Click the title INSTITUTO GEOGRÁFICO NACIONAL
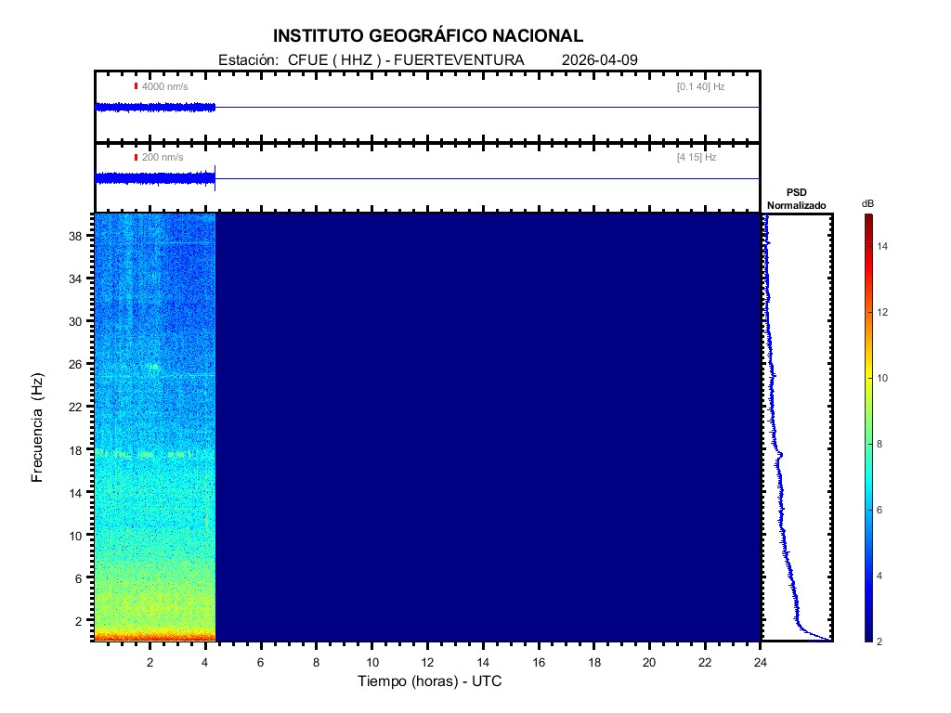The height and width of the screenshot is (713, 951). [x=428, y=36]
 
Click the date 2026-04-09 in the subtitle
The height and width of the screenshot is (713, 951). [x=600, y=60]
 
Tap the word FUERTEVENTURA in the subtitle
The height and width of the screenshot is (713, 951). [x=473, y=60]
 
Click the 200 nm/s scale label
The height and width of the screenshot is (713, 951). [x=163, y=158]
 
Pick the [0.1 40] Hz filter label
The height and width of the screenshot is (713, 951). [x=700, y=86]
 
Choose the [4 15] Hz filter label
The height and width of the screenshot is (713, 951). [x=697, y=158]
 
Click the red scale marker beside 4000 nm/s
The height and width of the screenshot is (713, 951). [x=136, y=86]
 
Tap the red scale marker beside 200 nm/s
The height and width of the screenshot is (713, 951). [x=136, y=158]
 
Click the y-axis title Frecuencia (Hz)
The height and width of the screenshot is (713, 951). [x=38, y=428]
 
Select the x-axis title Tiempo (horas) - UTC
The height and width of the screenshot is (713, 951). [x=430, y=681]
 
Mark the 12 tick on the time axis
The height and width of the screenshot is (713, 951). [x=427, y=662]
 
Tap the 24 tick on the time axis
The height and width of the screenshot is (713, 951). [x=761, y=662]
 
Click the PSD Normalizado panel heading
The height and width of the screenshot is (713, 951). [x=796, y=199]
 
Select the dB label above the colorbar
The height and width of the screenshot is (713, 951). [x=867, y=203]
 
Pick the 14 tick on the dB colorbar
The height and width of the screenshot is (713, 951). [x=884, y=246]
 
